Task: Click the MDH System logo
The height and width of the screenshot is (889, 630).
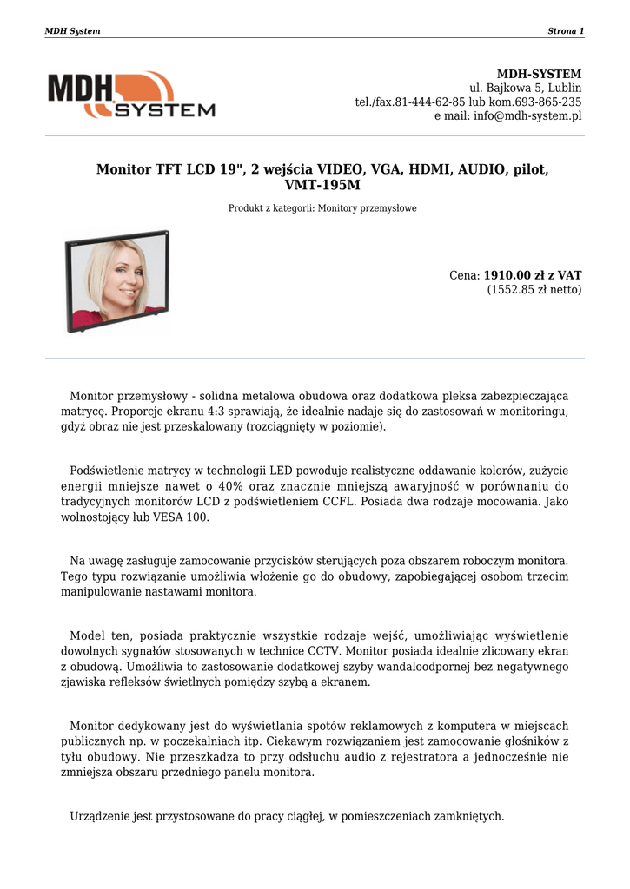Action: pyautogui.click(x=130, y=95)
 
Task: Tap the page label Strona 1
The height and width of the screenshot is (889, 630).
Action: pyautogui.click(x=566, y=31)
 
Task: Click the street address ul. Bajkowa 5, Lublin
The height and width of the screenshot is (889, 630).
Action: pyautogui.click(x=526, y=88)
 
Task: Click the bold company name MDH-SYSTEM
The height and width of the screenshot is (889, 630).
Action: pyautogui.click(x=539, y=74)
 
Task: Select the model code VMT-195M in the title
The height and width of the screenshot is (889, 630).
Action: pyautogui.click(x=322, y=185)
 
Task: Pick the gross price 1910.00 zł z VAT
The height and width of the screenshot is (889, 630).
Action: pyautogui.click(x=533, y=275)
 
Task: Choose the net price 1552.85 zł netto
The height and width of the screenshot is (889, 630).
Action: pyautogui.click(x=534, y=289)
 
